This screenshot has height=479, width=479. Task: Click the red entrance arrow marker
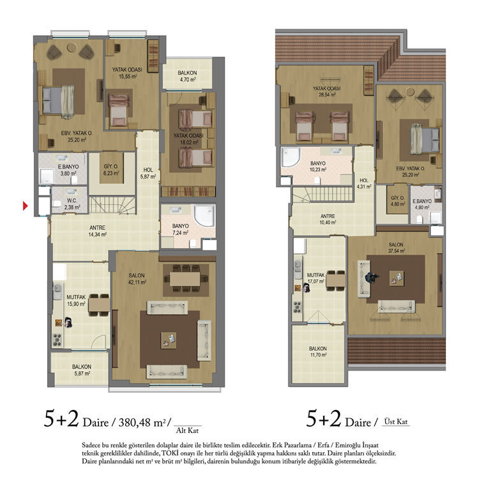26,206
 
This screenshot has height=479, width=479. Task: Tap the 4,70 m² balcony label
187,77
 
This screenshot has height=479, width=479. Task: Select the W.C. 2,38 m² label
72,204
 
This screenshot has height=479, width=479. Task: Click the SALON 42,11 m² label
137,278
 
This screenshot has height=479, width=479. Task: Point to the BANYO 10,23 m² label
318,167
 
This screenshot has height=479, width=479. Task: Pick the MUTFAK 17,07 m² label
316,278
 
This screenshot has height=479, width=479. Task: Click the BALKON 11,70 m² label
317,352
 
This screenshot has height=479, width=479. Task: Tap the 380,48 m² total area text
142,423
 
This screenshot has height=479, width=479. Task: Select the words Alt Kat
187,430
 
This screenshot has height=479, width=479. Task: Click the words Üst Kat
396,422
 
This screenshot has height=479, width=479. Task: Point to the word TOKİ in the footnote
172,453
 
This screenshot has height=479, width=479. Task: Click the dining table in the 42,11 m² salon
185,278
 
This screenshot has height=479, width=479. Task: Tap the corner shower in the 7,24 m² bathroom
204,216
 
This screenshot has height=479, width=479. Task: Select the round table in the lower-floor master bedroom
72,47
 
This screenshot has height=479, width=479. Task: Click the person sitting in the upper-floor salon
371,278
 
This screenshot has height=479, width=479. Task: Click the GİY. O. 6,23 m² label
111,170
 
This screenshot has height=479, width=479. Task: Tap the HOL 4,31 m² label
364,183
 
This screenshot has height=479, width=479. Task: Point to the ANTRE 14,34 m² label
98,231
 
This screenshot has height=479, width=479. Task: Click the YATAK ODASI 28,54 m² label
326,91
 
